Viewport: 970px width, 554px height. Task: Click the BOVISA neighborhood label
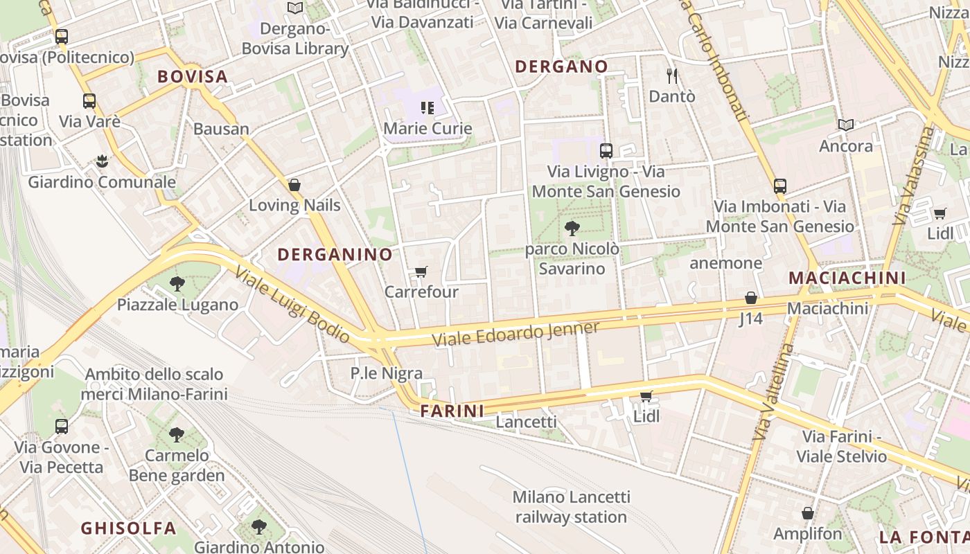pos(192,77)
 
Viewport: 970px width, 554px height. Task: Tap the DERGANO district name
pos(561,67)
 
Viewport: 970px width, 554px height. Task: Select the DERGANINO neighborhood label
pos(335,255)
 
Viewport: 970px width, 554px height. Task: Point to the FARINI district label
pos(452,411)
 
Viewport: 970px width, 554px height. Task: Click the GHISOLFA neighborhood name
pos(128,528)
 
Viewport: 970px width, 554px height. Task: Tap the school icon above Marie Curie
pos(427,108)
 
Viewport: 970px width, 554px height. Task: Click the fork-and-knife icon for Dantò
pos(671,75)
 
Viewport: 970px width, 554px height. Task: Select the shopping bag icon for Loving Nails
pos(294,185)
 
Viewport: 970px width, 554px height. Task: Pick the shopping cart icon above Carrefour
pos(421,271)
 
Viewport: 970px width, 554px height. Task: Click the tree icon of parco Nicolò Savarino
pos(572,228)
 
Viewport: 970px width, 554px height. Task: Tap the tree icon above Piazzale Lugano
pos(177,283)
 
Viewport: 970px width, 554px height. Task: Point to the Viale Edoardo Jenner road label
pos(515,334)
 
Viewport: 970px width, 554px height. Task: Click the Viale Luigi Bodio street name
pos(292,305)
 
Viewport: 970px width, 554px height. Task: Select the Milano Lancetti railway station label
pos(571,507)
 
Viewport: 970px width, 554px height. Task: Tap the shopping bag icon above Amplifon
pos(807,513)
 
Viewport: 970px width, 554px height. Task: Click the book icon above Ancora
pos(845,125)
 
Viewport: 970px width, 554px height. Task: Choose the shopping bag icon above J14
pos(750,298)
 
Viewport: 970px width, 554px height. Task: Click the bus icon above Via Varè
pos(89,101)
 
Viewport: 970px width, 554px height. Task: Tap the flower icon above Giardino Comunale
pos(102,161)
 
